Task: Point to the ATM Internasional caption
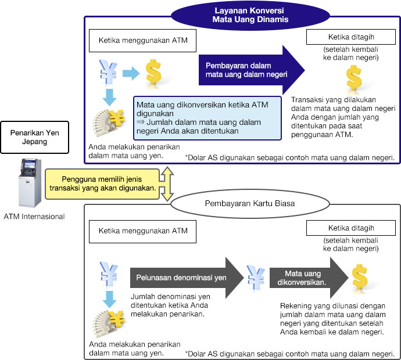(x=34, y=217)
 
